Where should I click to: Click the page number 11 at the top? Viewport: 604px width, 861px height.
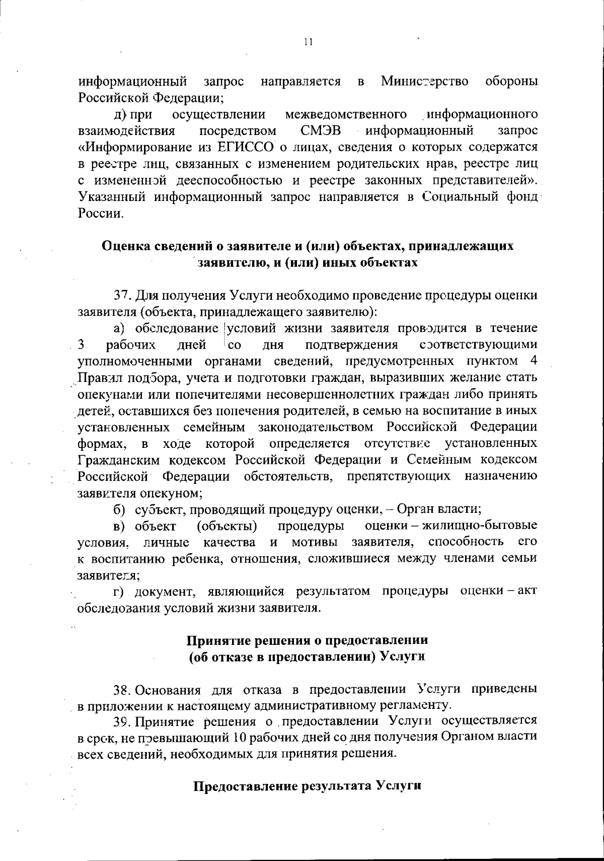click(x=309, y=43)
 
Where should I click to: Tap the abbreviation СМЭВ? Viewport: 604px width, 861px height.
click(x=321, y=131)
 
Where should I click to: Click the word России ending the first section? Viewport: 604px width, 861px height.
click(x=100, y=213)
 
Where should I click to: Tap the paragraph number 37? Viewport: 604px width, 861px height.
click(x=122, y=295)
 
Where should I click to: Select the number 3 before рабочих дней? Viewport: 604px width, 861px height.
click(x=81, y=345)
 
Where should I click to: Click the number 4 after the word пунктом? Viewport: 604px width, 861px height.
click(x=533, y=361)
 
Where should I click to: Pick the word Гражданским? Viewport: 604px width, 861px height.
click(x=119, y=459)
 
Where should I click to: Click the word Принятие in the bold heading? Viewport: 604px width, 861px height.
click(x=218, y=640)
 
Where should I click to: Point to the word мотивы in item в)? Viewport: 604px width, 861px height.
click(x=316, y=542)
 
